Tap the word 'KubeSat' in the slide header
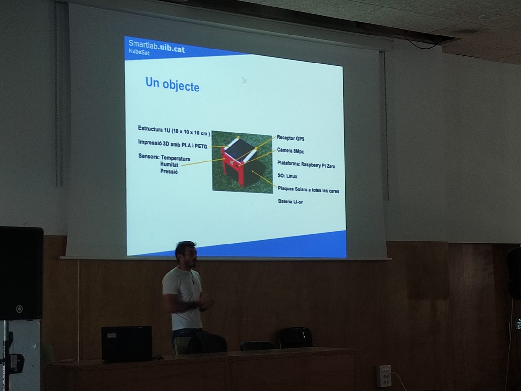pyautogui.click(x=139, y=52)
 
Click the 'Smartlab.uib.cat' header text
pyautogui.click(x=157, y=46)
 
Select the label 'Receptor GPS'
pyautogui.click(x=290, y=138)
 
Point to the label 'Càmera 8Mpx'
pyautogui.click(x=290, y=151)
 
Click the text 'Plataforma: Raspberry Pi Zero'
pyautogui.click(x=306, y=164)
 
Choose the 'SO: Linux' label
pyautogui.click(x=287, y=176)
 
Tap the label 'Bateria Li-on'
pyautogui.click(x=291, y=202)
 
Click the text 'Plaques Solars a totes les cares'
pyautogui.click(x=308, y=190)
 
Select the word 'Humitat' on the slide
pyautogui.click(x=169, y=164)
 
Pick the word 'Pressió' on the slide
pyautogui.click(x=169, y=171)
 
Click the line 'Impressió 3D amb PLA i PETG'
pyautogui.click(x=173, y=144)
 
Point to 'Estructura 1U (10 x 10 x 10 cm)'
pyautogui.click(x=174, y=131)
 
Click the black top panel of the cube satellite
pyautogui.click(x=239, y=148)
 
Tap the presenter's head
pyautogui.click(x=186, y=254)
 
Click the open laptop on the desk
pyautogui.click(x=127, y=343)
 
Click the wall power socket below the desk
pyautogui.click(x=384, y=376)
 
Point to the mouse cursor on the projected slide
pyautogui.click(x=245, y=80)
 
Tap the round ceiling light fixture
pyautogui.click(x=489, y=17)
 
